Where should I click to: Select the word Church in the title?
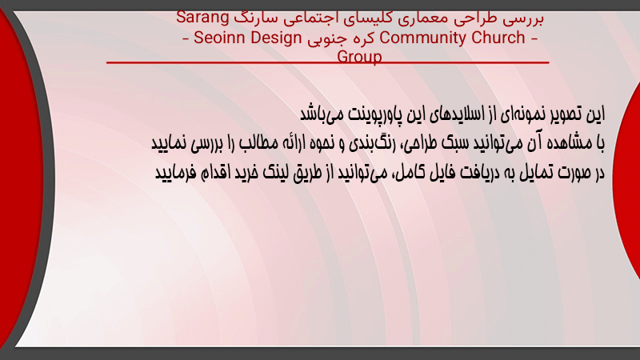click(x=498, y=38)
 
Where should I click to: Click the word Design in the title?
click(x=275, y=38)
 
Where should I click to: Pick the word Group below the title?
click(x=359, y=56)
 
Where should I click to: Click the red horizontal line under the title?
click(x=328, y=62)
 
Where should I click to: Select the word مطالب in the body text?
click(x=258, y=143)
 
